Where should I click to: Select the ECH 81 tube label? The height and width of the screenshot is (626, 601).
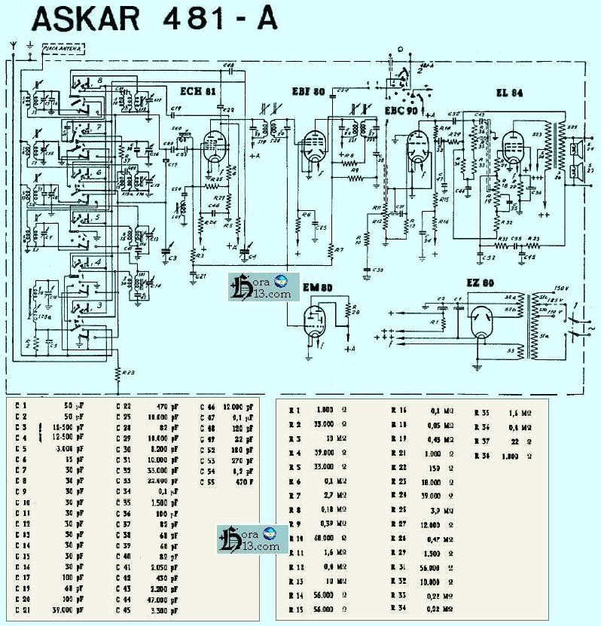tap(198, 91)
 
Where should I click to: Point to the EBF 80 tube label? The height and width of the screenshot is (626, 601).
tap(308, 91)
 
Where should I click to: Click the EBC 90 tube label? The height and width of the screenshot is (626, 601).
tap(401, 110)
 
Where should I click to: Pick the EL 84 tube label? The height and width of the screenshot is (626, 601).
tap(510, 93)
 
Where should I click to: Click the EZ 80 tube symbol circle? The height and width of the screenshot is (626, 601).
tap(479, 325)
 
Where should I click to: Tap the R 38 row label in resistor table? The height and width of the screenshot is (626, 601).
tap(482, 457)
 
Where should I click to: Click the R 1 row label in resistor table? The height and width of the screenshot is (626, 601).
tap(296, 411)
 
